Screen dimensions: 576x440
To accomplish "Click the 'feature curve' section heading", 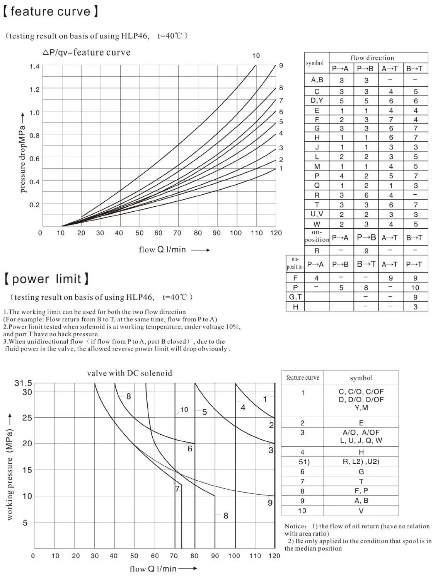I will click(x=50, y=11).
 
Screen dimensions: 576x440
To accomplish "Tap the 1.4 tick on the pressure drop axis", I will click(x=34, y=66).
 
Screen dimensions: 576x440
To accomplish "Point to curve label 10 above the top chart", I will click(x=256, y=56).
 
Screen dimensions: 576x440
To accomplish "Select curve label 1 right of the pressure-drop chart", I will click(x=281, y=169).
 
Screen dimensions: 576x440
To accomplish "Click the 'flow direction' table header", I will click(x=372, y=58).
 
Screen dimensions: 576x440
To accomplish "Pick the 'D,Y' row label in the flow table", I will click(x=317, y=100).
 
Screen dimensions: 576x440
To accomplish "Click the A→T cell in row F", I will click(x=391, y=120).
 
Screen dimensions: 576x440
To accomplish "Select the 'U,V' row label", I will click(x=317, y=214).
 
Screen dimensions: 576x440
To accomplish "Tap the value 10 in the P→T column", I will click(x=415, y=288).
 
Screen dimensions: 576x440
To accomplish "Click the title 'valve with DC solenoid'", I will click(x=130, y=373).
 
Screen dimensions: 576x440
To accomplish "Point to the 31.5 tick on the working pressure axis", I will click(x=23, y=383).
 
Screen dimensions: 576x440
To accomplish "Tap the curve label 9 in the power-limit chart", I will click(x=270, y=503).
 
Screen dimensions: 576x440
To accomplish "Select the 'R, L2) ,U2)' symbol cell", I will click(x=361, y=462).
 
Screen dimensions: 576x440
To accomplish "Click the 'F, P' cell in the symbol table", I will click(x=361, y=491).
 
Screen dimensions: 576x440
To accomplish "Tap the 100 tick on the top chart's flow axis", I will click(x=236, y=233).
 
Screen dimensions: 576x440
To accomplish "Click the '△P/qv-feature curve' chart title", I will click(x=86, y=53).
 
